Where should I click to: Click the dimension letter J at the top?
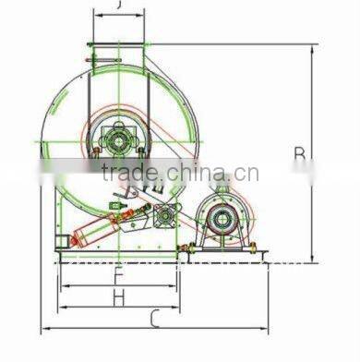coord(119,6)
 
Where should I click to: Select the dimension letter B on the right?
coord(298,154)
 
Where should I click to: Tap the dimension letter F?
coord(118,274)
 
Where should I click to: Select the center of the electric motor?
coord(221,219)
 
